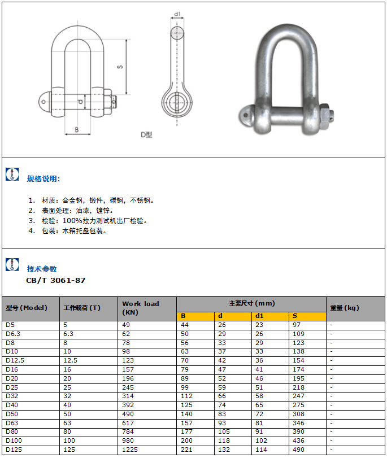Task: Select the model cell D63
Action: click(x=11, y=423)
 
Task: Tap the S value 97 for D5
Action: click(x=297, y=325)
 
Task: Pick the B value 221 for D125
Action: click(x=186, y=450)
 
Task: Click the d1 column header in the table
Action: click(x=259, y=316)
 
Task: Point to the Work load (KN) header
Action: click(x=141, y=308)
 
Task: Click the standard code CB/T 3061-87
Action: click(x=56, y=280)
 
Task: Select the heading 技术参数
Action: click(x=42, y=269)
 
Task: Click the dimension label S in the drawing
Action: click(x=120, y=67)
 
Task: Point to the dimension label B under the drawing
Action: click(x=77, y=129)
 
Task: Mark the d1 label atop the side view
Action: click(x=177, y=14)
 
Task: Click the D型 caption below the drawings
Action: click(x=146, y=134)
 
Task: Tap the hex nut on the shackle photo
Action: click(x=323, y=115)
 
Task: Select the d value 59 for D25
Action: click(x=222, y=387)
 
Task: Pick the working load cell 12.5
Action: click(x=70, y=360)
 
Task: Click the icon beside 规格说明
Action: click(x=12, y=175)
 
